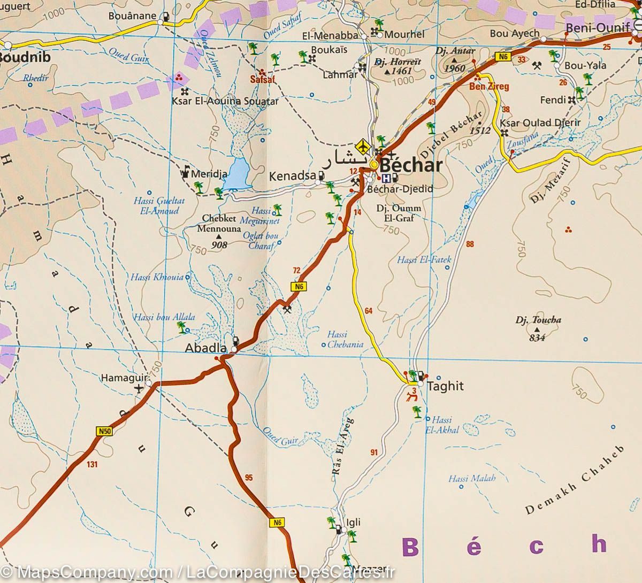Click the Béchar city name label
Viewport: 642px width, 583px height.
tap(410, 165)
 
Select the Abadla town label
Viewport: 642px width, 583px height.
tap(205, 348)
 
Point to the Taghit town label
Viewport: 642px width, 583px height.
tap(445, 386)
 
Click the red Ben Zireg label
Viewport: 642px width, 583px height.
tap(489, 86)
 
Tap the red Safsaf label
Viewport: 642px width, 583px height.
tap(262, 80)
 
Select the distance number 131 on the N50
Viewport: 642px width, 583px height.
tap(92, 465)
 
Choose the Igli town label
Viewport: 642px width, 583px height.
tap(354, 523)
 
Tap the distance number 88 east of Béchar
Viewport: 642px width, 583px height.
tap(470, 244)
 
